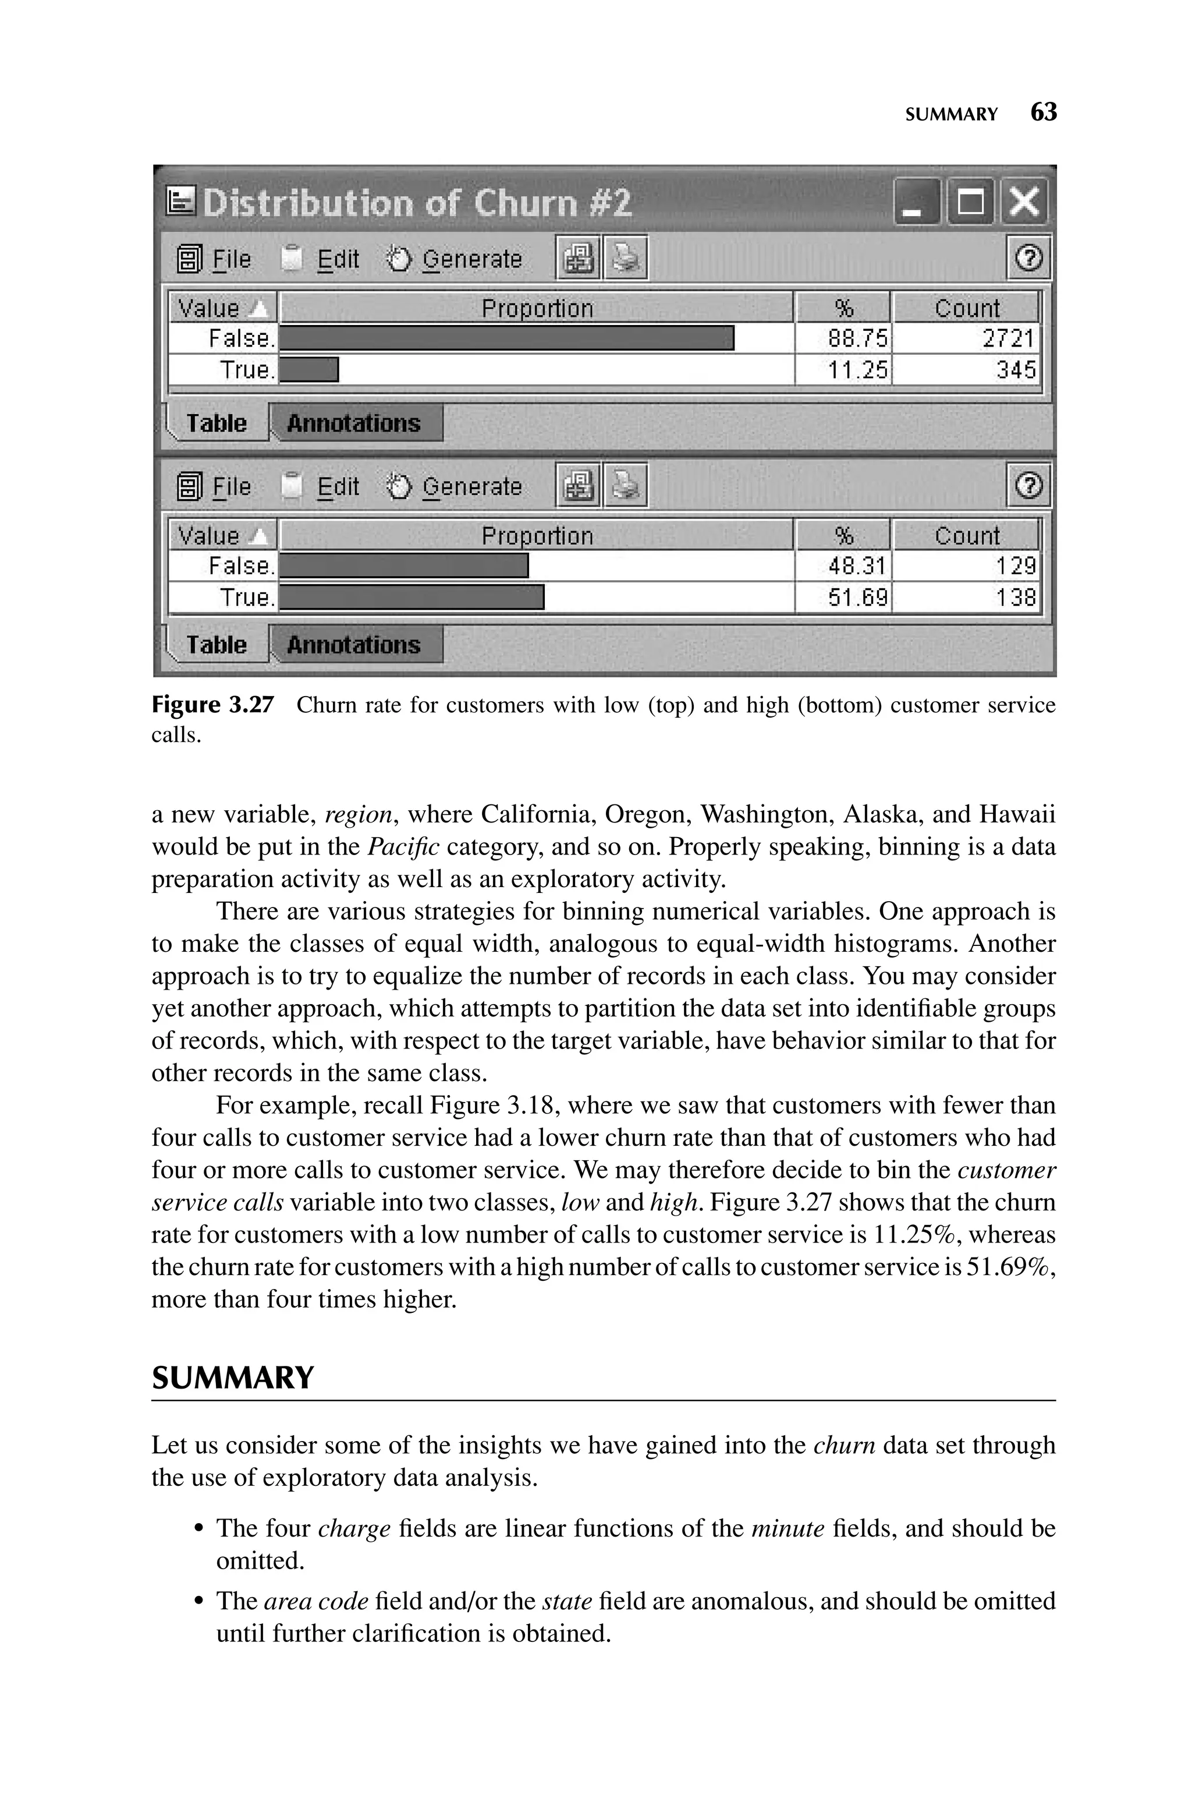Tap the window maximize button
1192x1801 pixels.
(970, 202)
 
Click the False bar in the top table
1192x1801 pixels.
(506, 338)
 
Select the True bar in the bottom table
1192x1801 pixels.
(411, 598)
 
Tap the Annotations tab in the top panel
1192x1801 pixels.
(354, 423)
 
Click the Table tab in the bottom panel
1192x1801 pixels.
(217, 645)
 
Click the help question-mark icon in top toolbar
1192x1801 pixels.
(1028, 259)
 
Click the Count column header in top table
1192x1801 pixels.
(966, 308)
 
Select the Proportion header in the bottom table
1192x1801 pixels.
(537, 536)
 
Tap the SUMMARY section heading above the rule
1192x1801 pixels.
(233, 1378)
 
